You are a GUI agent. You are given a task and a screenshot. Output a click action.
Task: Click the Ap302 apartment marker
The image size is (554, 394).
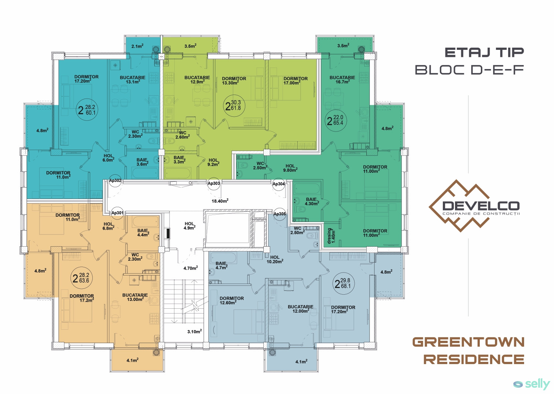point(116,181)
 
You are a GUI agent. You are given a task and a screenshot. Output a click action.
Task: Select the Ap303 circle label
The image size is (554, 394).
point(214,184)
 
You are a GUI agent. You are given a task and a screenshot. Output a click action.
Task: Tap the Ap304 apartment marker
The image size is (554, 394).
point(279,184)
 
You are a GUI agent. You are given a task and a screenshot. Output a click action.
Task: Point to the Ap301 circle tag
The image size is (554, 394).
point(117,213)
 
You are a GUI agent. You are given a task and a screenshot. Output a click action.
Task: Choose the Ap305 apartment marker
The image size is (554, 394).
point(280,214)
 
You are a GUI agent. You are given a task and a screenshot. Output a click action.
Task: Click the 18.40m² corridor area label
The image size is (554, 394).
point(220,201)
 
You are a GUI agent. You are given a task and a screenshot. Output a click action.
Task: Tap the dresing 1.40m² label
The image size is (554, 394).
point(331,236)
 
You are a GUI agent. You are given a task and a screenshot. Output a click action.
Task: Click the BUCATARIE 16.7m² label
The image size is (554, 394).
point(342,80)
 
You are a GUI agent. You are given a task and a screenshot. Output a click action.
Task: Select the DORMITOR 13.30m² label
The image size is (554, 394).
point(234,80)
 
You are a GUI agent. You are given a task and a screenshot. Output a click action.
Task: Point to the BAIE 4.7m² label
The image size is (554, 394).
point(221,265)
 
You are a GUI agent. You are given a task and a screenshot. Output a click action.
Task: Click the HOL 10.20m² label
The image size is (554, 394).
point(275,260)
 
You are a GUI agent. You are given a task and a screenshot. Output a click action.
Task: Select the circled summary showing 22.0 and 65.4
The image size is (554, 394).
point(336,120)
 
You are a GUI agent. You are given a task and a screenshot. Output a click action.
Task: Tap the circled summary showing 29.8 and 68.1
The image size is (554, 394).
point(343,284)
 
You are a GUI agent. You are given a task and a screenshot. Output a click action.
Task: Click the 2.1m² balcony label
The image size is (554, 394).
point(137,46)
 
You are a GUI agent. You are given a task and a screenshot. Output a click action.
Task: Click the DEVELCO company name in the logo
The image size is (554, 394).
point(481,206)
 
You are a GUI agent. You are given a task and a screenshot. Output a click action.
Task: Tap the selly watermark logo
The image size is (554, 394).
point(531,384)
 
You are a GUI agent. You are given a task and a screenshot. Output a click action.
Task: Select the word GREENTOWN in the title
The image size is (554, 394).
point(468,342)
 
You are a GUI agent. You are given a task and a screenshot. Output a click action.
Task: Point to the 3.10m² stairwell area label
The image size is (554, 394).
point(194,332)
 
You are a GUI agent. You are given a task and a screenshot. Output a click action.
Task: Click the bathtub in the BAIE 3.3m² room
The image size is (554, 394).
point(178,173)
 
